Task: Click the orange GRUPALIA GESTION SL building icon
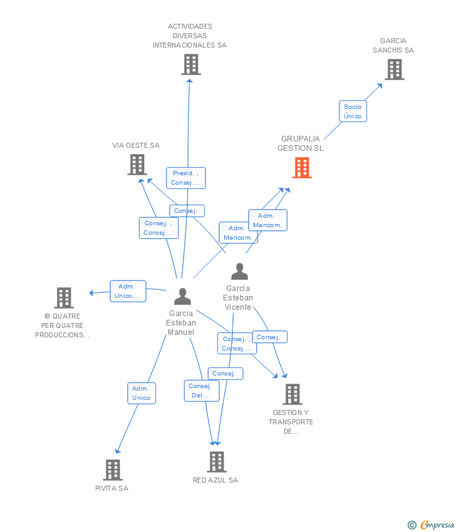[302, 168]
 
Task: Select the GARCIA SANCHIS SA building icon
[395, 69]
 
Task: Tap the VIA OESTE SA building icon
[137, 165]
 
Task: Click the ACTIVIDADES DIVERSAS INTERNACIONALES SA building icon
[191, 64]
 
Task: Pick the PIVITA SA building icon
[113, 470]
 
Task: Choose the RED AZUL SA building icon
[217, 462]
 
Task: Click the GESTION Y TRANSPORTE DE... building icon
[293, 394]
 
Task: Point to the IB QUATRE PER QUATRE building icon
[64, 298]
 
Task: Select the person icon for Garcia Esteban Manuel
[182, 296]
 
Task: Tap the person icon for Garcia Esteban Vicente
[239, 271]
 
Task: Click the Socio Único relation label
[353, 111]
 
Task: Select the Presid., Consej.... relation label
[186, 178]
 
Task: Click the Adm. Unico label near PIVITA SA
[142, 393]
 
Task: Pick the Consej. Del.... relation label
[202, 391]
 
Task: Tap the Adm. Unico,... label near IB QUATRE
[128, 291]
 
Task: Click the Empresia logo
[437, 524]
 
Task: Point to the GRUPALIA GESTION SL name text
[301, 143]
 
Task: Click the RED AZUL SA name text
[215, 480]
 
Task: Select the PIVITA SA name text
[111, 488]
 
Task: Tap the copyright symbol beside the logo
[412, 525]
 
